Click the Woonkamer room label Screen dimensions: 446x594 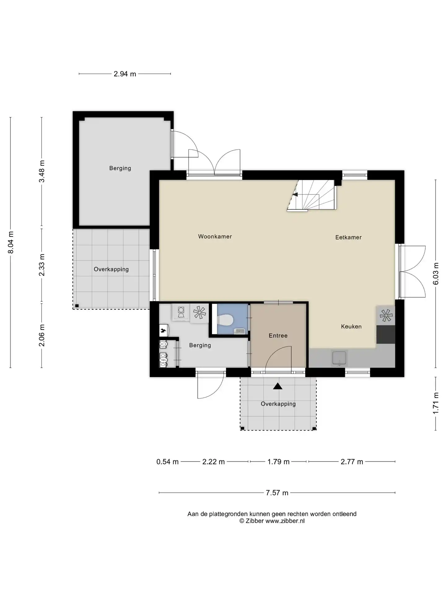click(215, 237)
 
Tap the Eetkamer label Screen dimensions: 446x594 click(348, 238)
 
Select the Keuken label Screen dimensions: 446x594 click(351, 326)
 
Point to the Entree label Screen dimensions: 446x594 click(278, 336)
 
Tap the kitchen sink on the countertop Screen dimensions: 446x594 click(339, 358)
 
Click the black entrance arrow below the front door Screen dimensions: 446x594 click(278, 386)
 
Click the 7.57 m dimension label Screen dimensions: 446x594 click(277, 493)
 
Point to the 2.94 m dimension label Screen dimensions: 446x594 click(125, 74)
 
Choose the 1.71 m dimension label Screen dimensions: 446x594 click(436, 403)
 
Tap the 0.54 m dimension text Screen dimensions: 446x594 click(168, 462)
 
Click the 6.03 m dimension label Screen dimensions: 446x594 click(436, 274)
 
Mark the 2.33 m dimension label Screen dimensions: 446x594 click(42, 265)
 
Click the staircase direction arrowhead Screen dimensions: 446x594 click(295, 195)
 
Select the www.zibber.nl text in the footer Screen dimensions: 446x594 click(285, 521)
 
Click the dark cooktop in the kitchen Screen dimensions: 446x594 click(386, 334)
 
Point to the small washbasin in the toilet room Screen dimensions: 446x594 click(239, 332)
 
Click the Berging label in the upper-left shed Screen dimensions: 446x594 click(120, 168)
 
